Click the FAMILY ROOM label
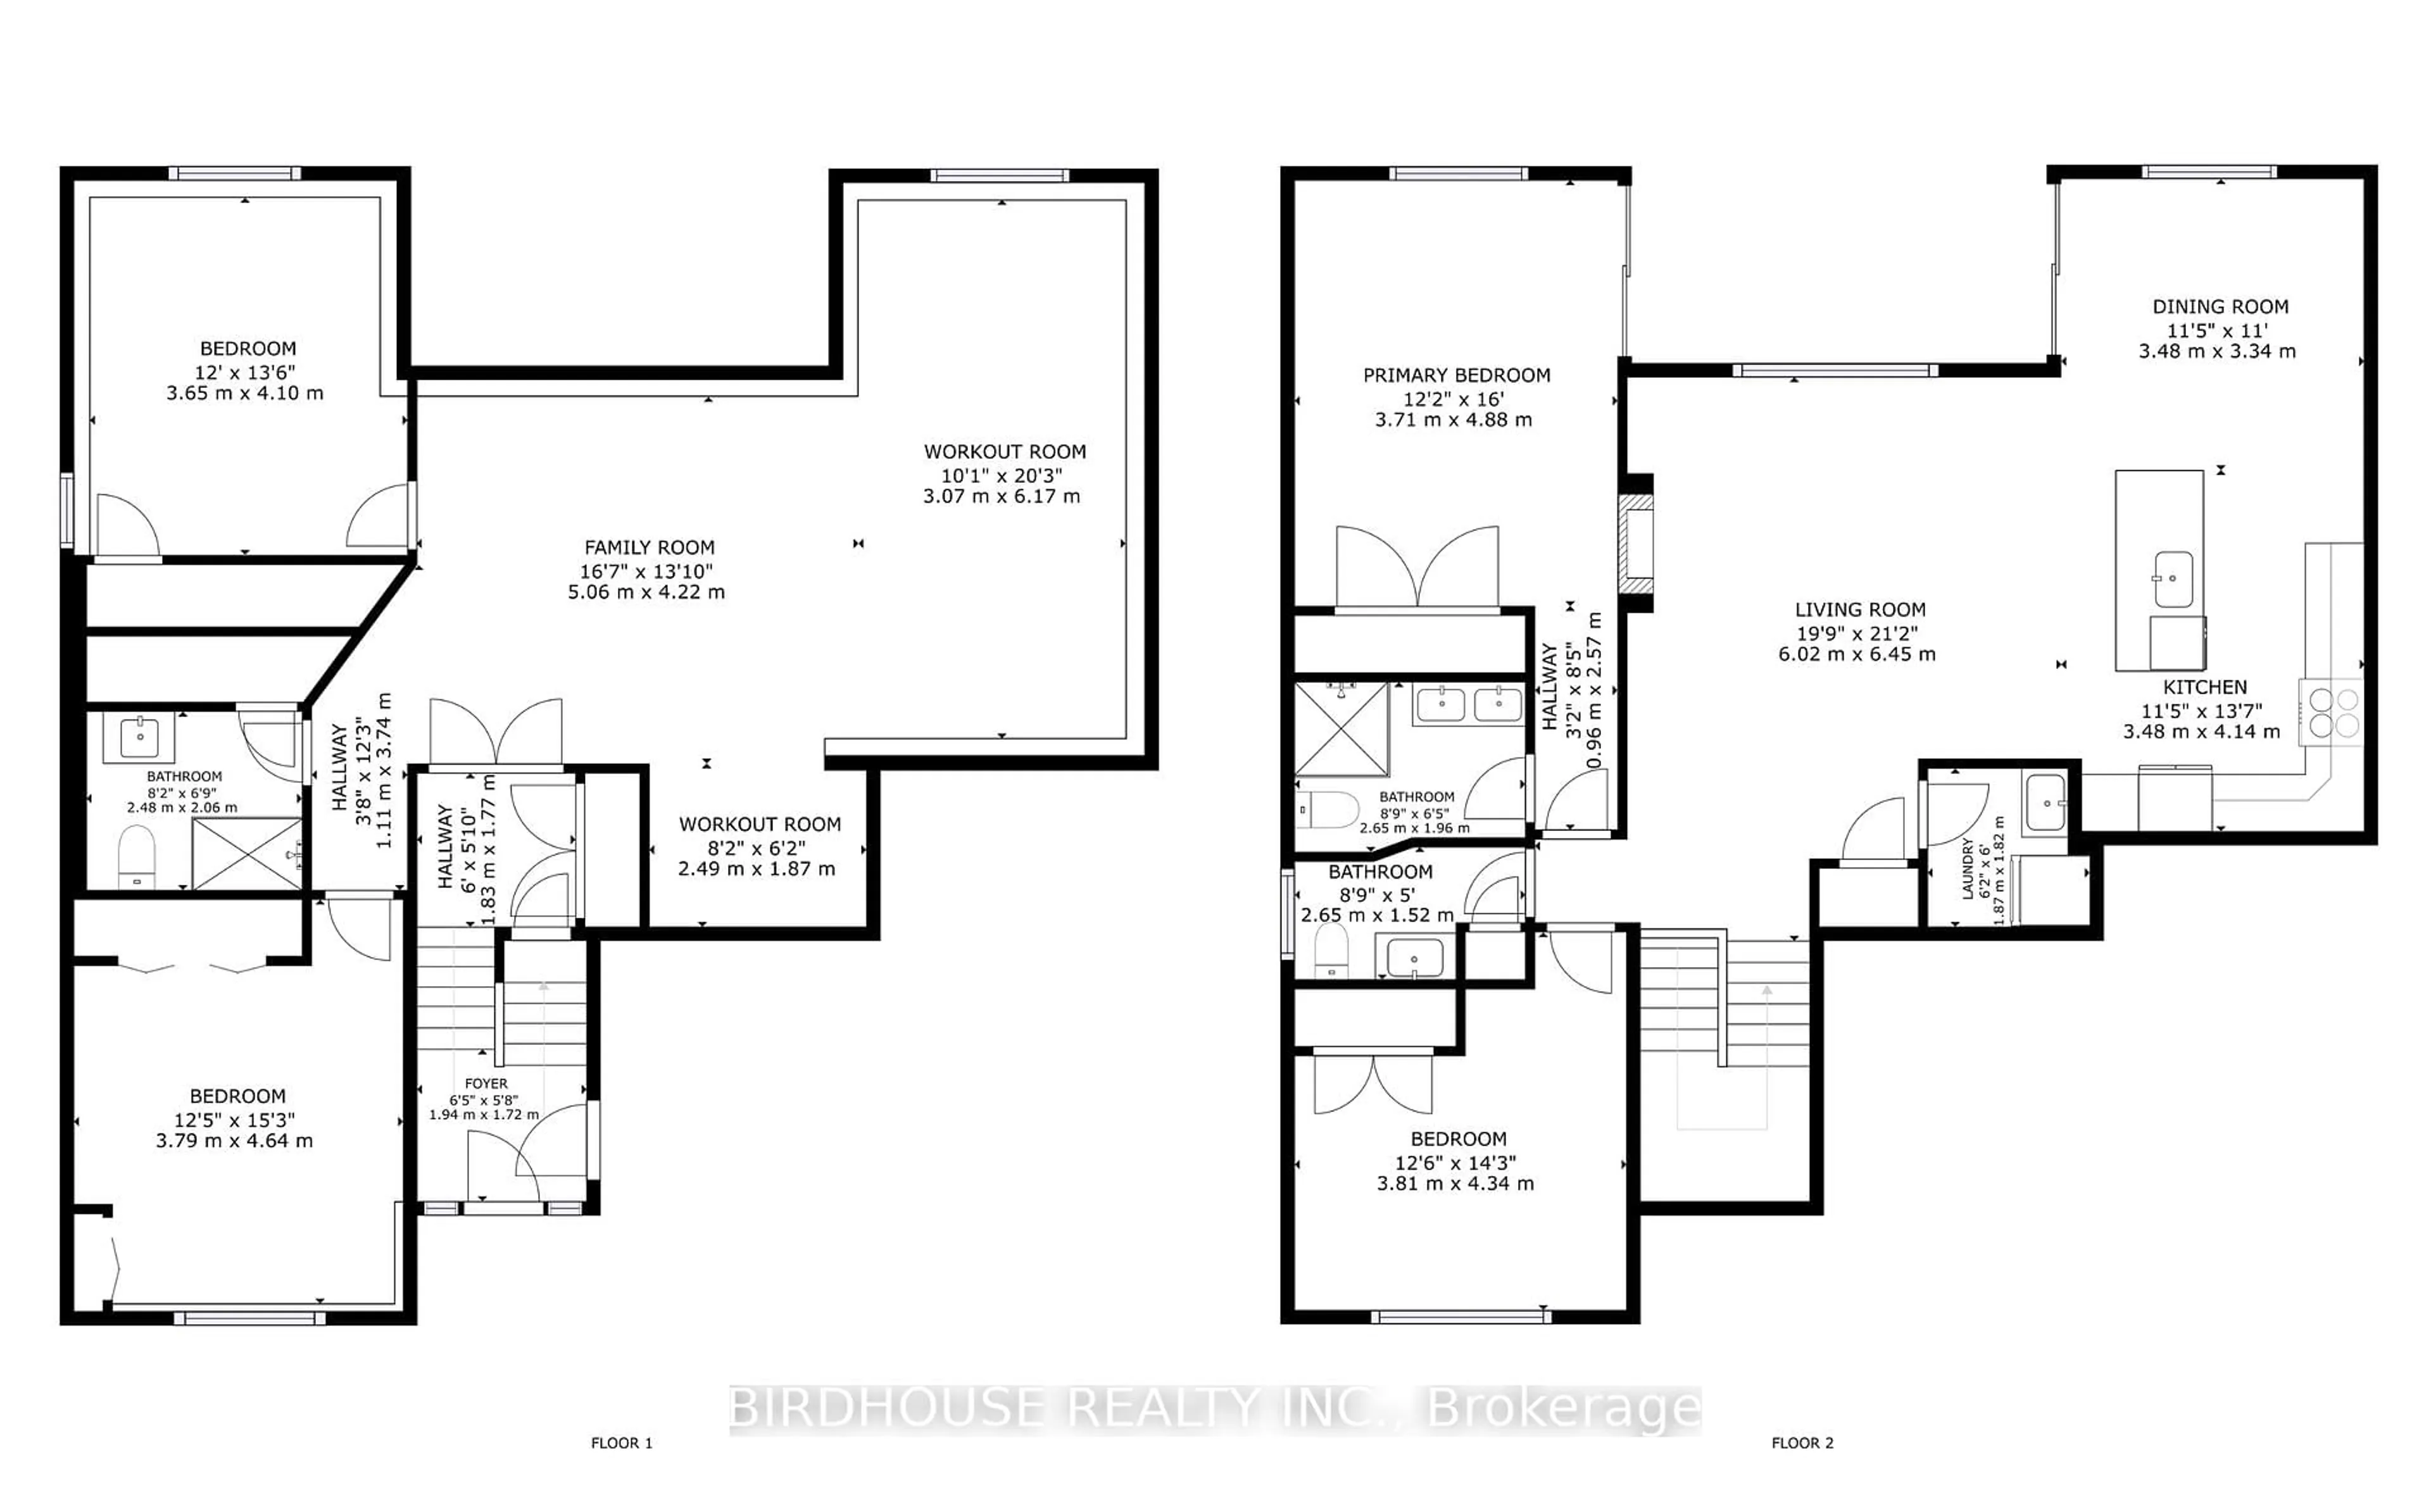click(649, 547)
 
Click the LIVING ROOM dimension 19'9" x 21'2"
click(1859, 633)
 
